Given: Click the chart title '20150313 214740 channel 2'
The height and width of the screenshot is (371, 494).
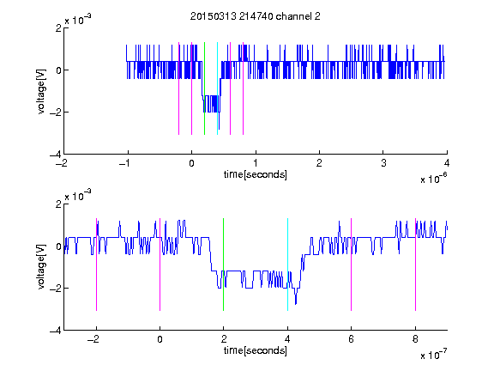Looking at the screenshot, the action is coord(256,16).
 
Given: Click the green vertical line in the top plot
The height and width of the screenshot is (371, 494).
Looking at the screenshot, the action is coord(204,88).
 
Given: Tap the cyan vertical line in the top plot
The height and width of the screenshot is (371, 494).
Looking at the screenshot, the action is coord(217,88).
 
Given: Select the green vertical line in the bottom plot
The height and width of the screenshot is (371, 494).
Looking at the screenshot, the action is coord(223,265).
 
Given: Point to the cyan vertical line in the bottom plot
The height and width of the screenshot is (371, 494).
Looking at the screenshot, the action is coord(287,265).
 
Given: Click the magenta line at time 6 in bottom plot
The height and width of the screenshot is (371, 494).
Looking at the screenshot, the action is coord(352,265).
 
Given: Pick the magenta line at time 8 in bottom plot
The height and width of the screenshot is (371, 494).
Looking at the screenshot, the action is coord(415,265).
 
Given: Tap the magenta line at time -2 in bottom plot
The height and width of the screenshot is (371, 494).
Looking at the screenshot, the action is coord(96,265).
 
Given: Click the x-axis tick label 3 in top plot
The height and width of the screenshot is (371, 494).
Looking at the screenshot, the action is coord(383,163).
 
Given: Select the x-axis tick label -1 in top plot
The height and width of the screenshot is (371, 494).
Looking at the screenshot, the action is coord(125,163).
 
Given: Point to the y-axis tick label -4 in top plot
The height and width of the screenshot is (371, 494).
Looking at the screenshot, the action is coord(56,155).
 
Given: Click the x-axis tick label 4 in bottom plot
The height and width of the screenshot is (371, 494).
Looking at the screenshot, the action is coord(287,339).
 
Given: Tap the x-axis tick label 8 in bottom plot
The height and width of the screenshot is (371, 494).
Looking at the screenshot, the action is coord(415,339).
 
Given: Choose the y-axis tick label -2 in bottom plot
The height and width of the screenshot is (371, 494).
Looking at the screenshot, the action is coord(56,288).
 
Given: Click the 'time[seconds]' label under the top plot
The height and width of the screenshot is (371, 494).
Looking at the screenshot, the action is coord(256,174).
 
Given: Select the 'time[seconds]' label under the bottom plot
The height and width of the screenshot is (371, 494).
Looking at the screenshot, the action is coord(256,350).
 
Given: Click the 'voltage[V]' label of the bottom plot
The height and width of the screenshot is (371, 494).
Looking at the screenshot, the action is coord(41,266).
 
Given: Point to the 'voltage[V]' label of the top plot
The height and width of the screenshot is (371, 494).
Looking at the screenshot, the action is coord(41,91).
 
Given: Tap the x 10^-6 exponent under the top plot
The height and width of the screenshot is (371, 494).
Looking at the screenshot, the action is coord(433,179).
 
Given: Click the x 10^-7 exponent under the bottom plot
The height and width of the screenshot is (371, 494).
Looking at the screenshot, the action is coord(433,355).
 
